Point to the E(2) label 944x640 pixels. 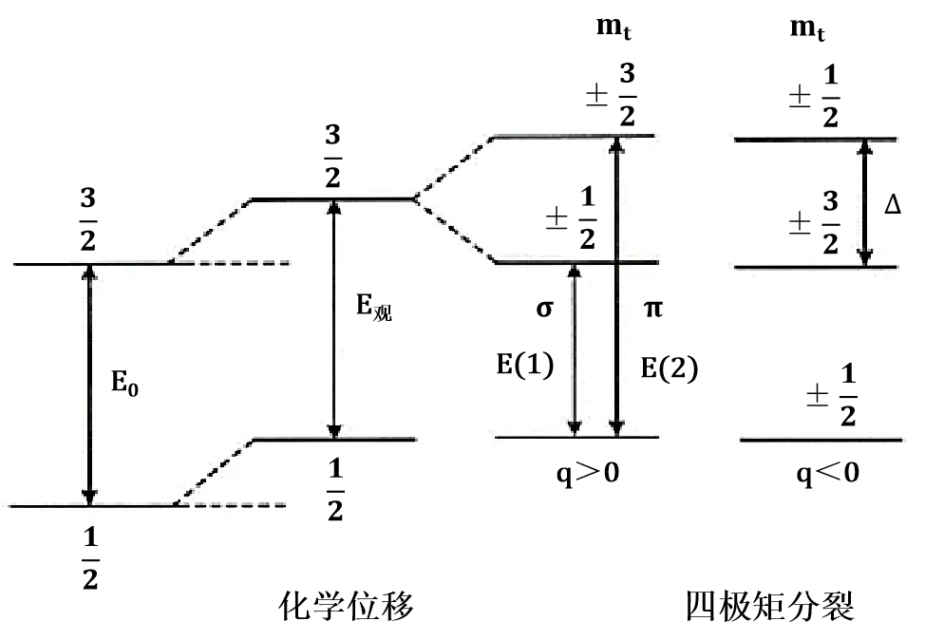click(x=669, y=368)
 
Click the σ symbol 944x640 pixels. click(x=543, y=310)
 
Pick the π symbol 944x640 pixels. click(x=653, y=310)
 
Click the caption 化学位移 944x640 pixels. click(x=346, y=605)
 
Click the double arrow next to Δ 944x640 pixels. click(x=864, y=203)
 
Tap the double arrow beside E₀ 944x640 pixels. click(x=90, y=385)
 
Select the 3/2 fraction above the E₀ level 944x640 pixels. click(x=87, y=220)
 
